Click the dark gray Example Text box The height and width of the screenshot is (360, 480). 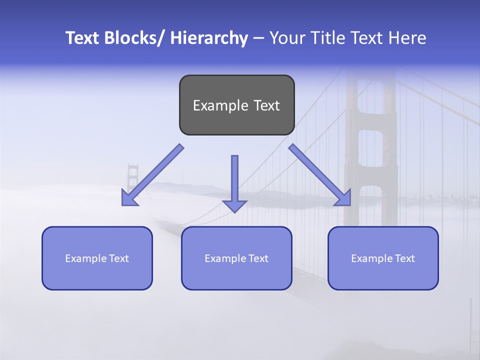[x=236, y=105]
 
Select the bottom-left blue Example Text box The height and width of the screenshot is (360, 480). [x=97, y=258]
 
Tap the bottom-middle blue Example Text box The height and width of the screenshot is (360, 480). [x=236, y=258]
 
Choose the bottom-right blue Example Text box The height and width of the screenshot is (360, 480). [x=383, y=258]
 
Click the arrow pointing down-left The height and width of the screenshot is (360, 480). [x=153, y=175]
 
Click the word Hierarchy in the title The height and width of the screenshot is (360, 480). [x=209, y=38]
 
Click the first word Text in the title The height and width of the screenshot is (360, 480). [x=83, y=38]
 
